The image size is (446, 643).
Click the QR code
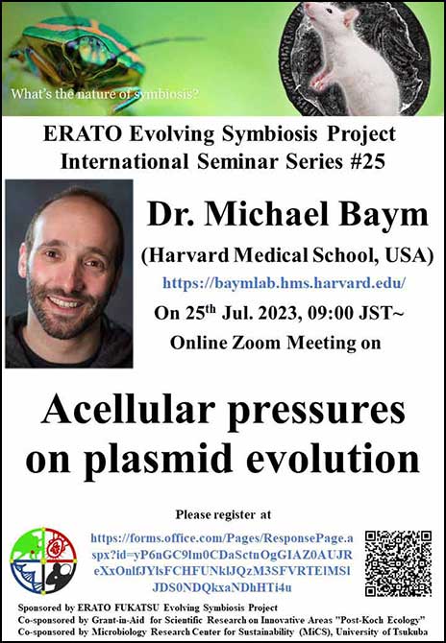398,563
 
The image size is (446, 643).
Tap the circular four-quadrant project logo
43,560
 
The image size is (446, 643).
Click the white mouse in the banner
352,57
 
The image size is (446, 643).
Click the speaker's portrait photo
69,274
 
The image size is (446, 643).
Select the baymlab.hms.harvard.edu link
285,282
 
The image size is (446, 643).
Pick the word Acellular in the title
128,411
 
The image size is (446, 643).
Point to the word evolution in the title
333,458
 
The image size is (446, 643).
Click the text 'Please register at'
223,514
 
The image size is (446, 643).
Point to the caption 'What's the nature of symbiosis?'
105,94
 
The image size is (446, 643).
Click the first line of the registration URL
222,538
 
